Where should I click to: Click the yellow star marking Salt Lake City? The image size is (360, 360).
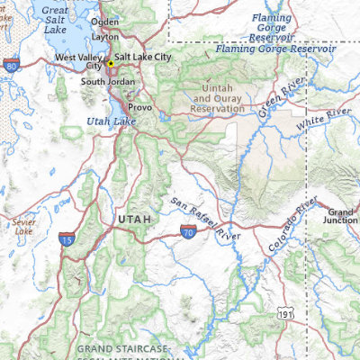(111, 63)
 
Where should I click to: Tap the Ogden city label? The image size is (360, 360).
(104, 21)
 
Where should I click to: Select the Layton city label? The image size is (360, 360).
(105, 37)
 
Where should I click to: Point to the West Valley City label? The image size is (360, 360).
(78, 61)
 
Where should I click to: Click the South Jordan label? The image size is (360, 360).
(108, 82)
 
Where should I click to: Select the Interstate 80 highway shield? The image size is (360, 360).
(10, 66)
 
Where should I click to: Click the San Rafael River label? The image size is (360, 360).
(204, 217)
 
